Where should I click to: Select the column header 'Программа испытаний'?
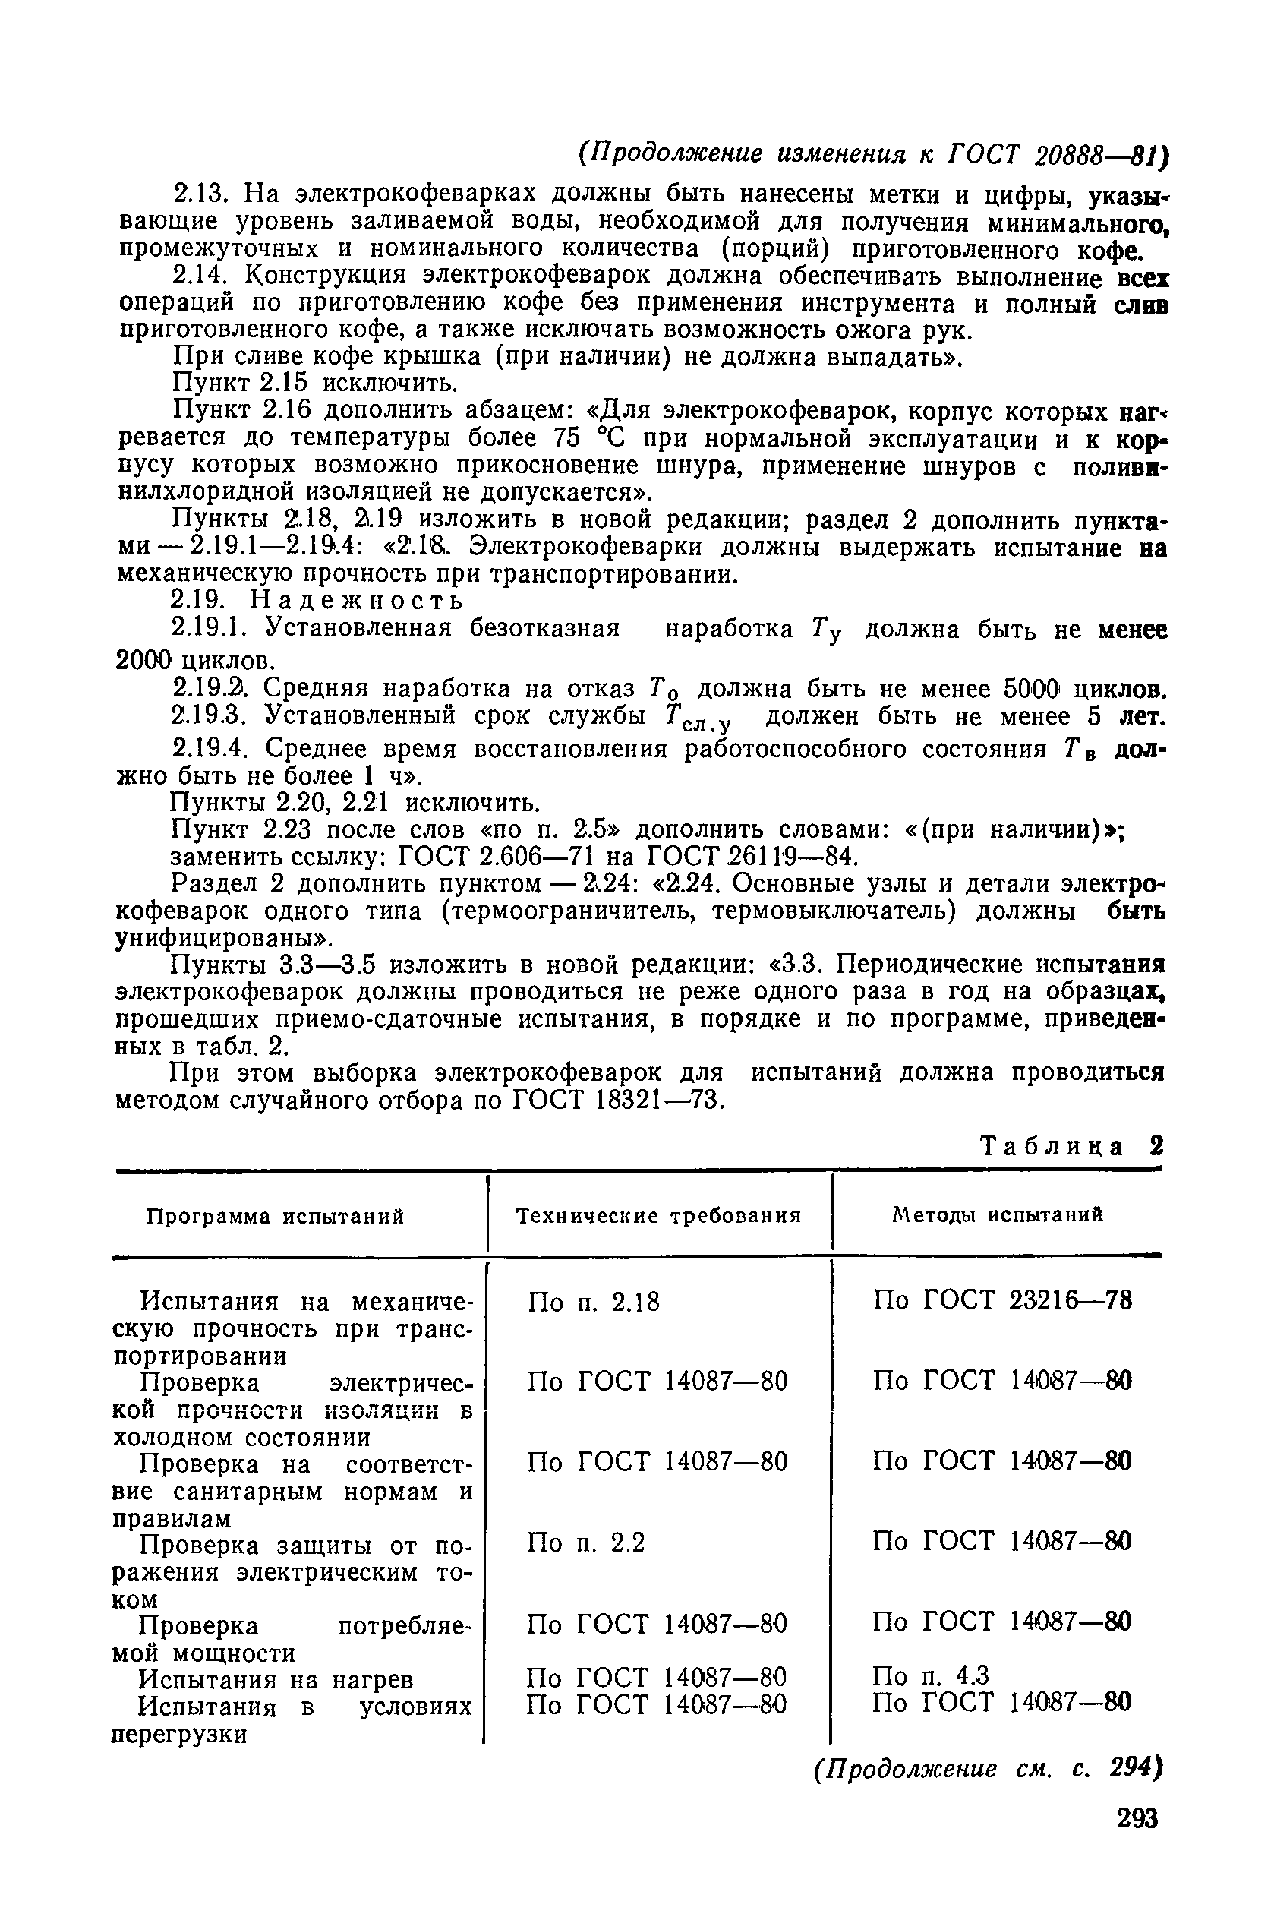tap(276, 1217)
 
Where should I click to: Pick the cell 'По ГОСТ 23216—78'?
tap(1001, 1301)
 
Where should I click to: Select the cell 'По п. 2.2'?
tap(585, 1543)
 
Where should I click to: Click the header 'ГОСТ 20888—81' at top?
tap(1055, 154)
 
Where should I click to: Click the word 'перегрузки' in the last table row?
tap(178, 1734)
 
